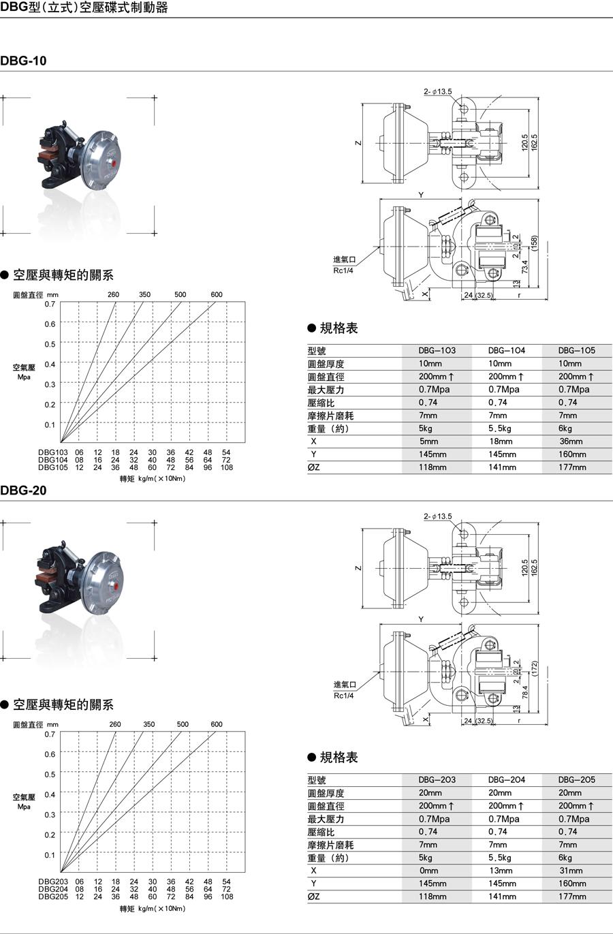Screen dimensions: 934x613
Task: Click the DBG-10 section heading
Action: pos(23,61)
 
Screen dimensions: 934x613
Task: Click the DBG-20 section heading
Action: pos(23,490)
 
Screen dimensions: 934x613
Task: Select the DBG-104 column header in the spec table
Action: pos(506,350)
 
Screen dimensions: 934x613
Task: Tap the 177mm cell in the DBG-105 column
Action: pos(572,467)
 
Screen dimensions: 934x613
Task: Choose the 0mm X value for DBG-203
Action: pos(428,871)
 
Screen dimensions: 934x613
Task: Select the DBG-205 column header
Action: pos(576,780)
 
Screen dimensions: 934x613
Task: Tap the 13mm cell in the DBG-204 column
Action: pos(501,871)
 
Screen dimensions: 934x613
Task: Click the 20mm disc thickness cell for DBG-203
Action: pos(430,793)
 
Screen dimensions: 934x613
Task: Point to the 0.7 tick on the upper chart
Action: pos(50,305)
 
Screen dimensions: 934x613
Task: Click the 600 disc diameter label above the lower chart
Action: pos(217,724)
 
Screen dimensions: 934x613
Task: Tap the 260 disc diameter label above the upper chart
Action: pos(113,294)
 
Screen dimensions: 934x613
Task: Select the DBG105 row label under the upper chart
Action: pos(53,467)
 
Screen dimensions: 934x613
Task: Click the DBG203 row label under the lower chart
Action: pos(53,882)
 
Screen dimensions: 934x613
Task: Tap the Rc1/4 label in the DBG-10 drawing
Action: pos(343,270)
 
